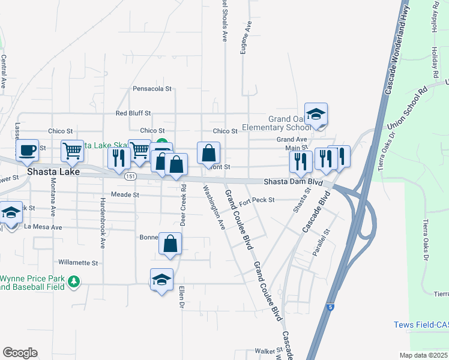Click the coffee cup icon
point(28,150)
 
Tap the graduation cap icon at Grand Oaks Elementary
point(316,113)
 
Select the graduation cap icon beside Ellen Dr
point(161,280)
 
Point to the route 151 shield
point(130,176)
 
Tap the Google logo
point(20,352)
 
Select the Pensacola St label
point(152,88)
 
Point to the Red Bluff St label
point(133,113)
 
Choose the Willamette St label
point(78,263)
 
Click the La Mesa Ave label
point(43,227)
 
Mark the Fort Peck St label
point(257,200)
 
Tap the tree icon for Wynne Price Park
point(74,281)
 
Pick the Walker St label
point(268,350)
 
